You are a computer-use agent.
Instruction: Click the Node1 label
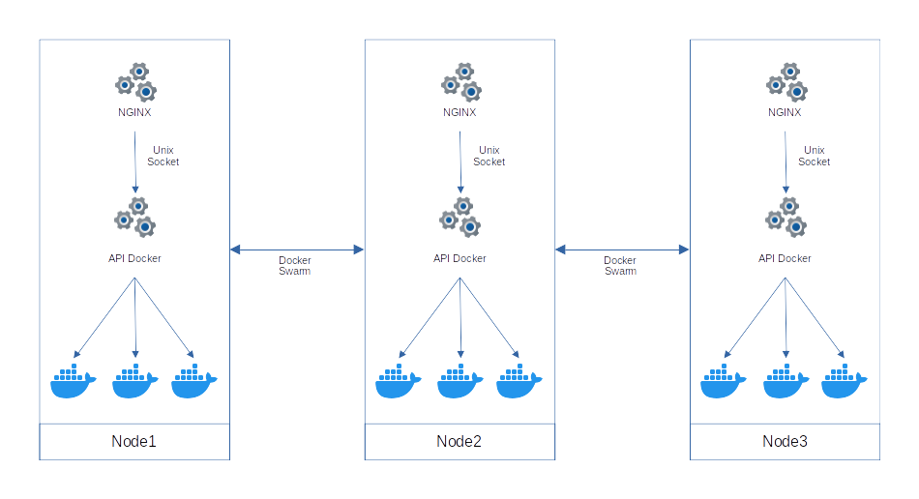[x=134, y=442]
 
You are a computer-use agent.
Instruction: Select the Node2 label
[x=459, y=442]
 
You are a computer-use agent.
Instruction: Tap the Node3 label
[x=785, y=442]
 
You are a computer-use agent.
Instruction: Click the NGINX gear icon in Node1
[x=135, y=83]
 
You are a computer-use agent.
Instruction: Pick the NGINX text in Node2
[x=459, y=112]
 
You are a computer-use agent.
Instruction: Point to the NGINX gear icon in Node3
[x=786, y=83]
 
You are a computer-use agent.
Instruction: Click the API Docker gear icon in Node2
[x=460, y=218]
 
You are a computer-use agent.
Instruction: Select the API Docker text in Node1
[x=134, y=258]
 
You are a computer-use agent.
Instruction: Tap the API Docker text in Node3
[x=785, y=258]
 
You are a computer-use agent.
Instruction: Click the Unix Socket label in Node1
[x=163, y=156]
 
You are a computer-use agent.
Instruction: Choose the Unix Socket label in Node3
[x=815, y=156]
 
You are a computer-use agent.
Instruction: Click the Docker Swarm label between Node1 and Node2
[x=295, y=266]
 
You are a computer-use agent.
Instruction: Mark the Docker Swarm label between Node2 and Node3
[x=620, y=266]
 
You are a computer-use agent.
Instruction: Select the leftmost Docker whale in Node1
[x=74, y=381]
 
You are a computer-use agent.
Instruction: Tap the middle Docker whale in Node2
[x=459, y=381]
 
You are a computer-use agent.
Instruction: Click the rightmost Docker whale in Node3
[x=844, y=381]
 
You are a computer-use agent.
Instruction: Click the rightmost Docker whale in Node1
[x=193, y=381]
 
